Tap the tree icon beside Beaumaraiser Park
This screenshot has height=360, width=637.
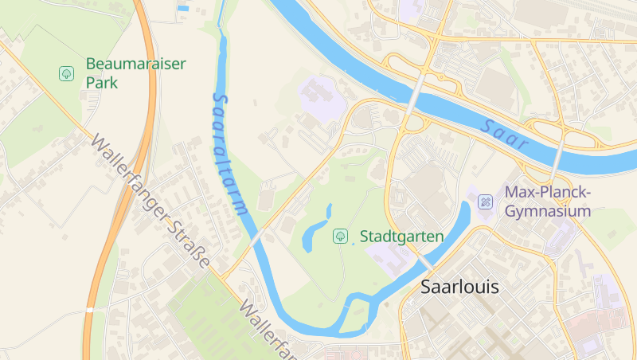(x=67, y=73)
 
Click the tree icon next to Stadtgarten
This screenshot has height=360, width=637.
(x=340, y=236)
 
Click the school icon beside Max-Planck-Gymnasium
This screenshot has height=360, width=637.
(x=484, y=202)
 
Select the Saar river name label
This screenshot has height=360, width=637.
(x=505, y=135)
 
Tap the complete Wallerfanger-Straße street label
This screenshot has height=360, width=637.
(x=151, y=202)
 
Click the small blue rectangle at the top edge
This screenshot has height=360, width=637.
(x=184, y=8)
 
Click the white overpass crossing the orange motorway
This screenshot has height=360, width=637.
(x=90, y=309)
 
